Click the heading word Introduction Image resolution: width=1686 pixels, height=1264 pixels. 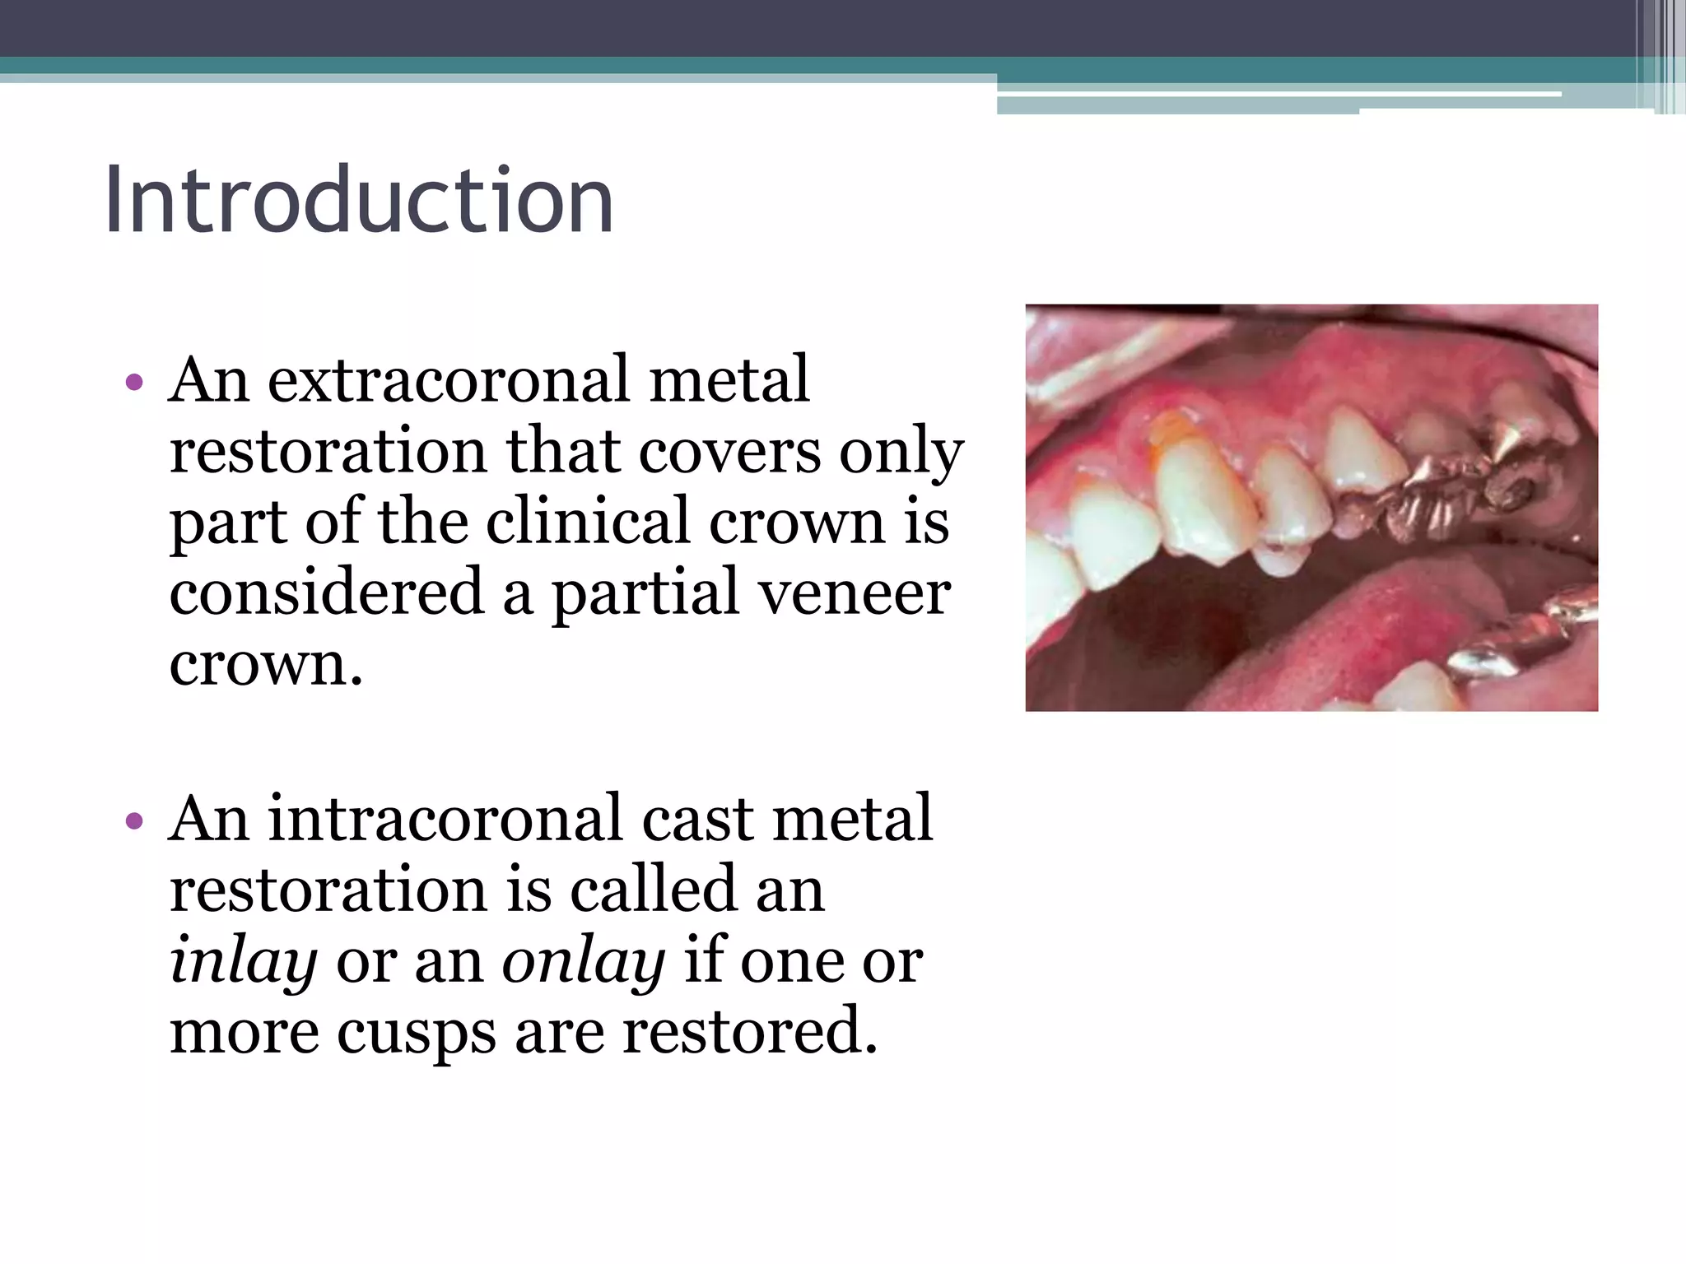tap(359, 200)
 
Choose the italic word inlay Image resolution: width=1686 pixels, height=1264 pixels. tap(243, 961)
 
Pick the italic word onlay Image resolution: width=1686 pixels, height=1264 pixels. tap(583, 961)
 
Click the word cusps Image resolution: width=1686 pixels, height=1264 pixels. tap(416, 1032)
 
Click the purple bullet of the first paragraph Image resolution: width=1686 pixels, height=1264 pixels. tap(134, 383)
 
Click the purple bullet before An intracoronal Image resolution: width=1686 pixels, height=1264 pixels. tap(134, 821)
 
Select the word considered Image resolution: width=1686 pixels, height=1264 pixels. tap(326, 592)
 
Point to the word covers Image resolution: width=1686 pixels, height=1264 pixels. tap(729, 451)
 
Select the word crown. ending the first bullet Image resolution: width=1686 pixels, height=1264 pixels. tap(265, 665)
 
